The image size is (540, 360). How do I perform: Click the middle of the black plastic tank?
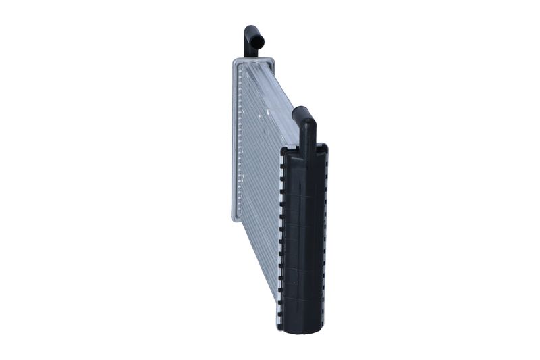(x=304, y=236)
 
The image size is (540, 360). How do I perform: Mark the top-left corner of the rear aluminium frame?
(x=234, y=61)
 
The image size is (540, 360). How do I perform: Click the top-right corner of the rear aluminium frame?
(x=272, y=61)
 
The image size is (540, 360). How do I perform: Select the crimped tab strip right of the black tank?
(x=326, y=236)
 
